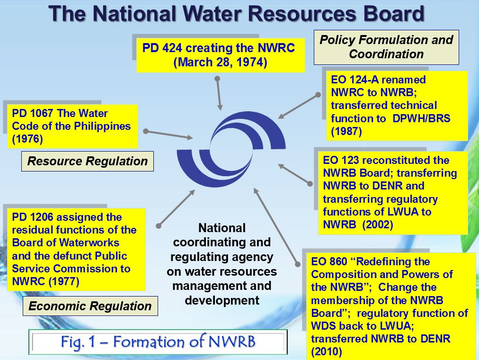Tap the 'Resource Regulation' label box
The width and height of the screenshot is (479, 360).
coord(88,162)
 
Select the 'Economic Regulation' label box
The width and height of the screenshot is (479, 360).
coord(90,306)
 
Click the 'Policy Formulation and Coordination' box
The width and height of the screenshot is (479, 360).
coord(386,47)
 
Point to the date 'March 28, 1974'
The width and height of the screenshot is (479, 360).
coord(220,63)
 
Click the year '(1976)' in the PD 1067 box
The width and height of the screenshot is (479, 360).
coord(27,139)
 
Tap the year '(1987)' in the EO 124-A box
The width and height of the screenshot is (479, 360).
coord(346,131)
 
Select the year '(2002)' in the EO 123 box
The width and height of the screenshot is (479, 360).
coord(378,225)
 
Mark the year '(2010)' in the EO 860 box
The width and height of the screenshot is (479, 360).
coord(326,352)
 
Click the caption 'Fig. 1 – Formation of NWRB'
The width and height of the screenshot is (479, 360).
coord(158,342)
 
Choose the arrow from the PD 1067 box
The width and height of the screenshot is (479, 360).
coord(169,135)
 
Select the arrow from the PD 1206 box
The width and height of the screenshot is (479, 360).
coord(176,208)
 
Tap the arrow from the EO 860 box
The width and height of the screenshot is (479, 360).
coord(276,226)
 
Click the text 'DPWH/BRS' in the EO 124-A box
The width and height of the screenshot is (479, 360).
coord(421,118)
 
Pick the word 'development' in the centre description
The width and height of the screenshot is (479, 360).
coord(222,300)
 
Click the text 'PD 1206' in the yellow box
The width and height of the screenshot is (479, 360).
coord(33,217)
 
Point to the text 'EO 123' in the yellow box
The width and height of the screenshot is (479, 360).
coord(341,160)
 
